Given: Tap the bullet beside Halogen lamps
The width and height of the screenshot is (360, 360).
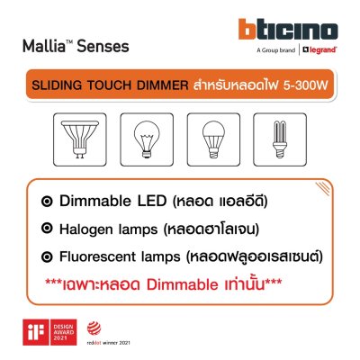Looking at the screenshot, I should point(57,228).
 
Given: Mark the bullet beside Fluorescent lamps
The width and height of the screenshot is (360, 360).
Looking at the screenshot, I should point(57,257).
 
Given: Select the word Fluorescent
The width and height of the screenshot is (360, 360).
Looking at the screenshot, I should point(112,257).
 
